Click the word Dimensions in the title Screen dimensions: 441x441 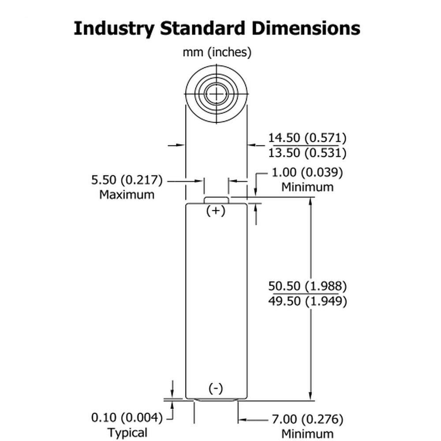306,28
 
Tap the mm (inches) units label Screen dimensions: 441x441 217,52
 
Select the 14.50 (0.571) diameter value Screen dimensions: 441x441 307,138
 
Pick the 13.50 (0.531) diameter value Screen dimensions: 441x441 307,153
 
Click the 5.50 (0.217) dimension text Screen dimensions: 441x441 127,180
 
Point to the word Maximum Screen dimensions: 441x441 127,194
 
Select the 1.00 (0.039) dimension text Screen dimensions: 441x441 307,172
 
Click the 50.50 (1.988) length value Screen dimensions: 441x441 307,286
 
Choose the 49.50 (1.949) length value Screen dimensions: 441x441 307,301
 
